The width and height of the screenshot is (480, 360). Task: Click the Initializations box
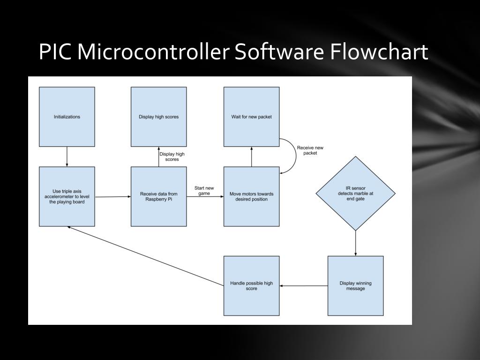point(67,117)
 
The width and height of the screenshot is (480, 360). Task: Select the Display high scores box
point(158,117)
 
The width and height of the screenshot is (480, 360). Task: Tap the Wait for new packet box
point(252,117)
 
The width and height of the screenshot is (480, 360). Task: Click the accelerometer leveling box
point(67,196)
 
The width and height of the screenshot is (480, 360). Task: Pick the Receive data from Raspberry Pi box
point(158,196)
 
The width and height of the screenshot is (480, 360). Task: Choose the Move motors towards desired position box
point(252,196)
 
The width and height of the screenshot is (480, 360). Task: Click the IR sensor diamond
point(355,193)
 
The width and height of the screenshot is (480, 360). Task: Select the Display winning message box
point(355,285)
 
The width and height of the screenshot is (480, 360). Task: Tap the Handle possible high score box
point(252,285)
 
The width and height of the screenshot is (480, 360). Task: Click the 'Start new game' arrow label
point(204,191)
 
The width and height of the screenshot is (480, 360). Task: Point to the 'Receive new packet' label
point(310,150)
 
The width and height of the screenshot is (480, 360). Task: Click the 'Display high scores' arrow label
point(172,157)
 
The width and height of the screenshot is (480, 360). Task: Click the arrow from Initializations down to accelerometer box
point(67,157)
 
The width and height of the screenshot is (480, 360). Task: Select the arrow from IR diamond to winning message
point(355,243)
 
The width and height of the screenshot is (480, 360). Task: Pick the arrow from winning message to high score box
point(304,285)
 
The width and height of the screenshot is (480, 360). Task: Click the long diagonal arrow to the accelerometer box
point(145,256)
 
